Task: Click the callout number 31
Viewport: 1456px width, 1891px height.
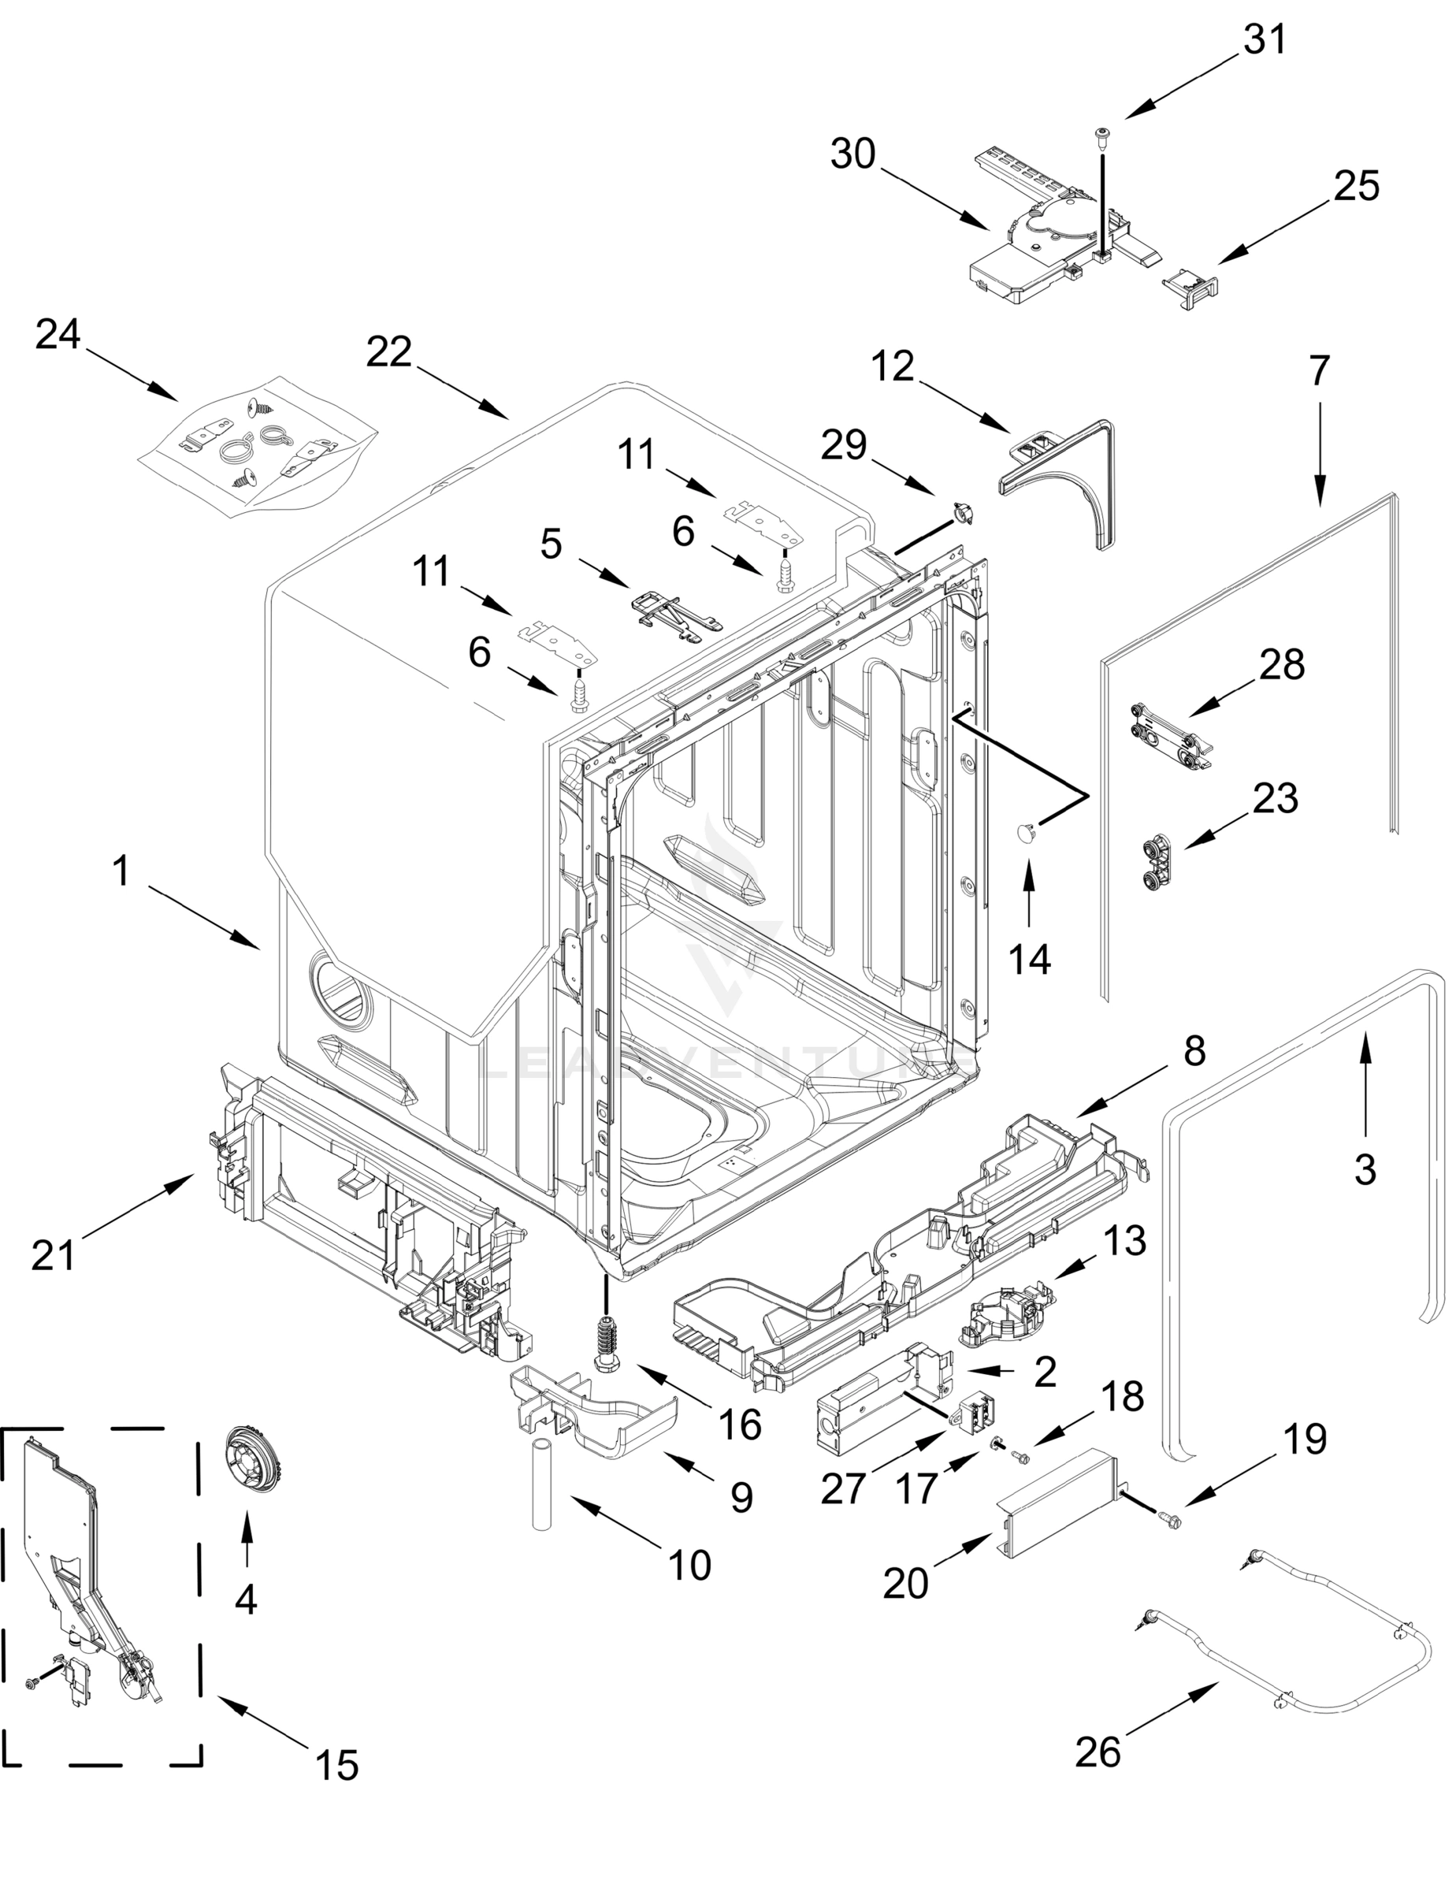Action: point(1265,39)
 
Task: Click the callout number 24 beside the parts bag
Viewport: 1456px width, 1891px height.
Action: point(58,333)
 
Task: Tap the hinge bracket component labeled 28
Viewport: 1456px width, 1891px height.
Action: point(1168,738)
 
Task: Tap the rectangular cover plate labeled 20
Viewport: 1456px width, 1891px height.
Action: point(1056,1506)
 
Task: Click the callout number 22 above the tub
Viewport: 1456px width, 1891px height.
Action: point(388,351)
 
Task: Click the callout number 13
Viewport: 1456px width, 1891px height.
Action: point(1124,1242)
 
